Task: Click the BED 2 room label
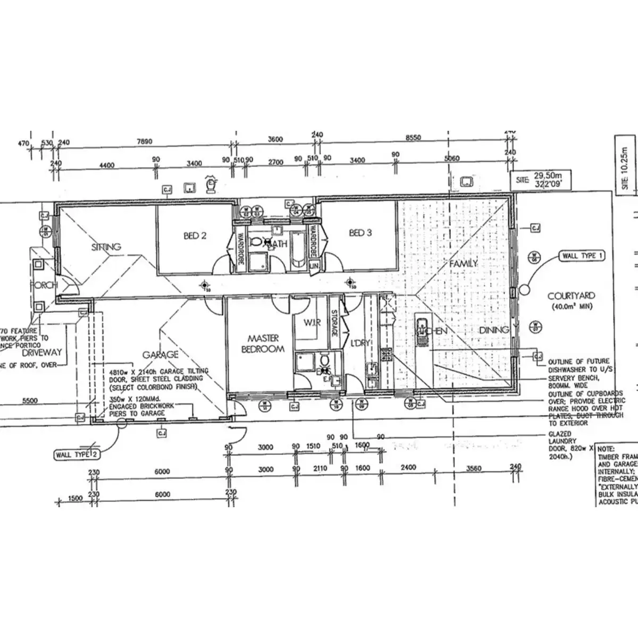click(195, 236)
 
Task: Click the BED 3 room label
click(360, 233)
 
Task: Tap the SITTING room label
click(106, 247)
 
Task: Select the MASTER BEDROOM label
click(263, 343)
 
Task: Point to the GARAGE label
click(160, 355)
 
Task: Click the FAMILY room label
click(463, 264)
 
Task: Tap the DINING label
click(494, 330)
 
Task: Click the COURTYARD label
click(571, 296)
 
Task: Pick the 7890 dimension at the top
click(145, 141)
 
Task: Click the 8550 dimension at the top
click(413, 138)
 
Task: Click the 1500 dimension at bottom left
click(75, 499)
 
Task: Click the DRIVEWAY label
click(42, 352)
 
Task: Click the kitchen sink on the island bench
click(422, 325)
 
